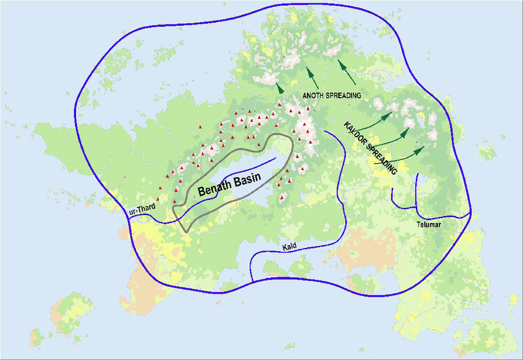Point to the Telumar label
tap(429, 223)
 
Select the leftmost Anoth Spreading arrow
tap(280, 88)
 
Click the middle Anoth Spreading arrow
tap(310, 74)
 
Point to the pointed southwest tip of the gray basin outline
tap(186, 232)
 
